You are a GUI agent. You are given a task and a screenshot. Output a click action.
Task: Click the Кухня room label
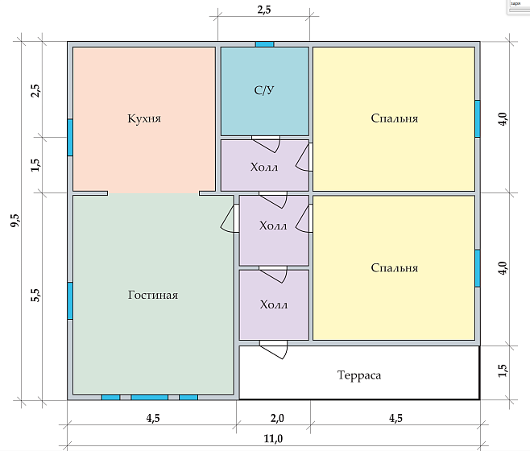tap(144, 118)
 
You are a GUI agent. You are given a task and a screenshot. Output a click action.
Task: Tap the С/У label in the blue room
tap(264, 91)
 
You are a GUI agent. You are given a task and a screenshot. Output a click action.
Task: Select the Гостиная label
tap(152, 295)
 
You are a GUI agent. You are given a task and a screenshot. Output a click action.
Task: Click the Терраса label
tap(358, 375)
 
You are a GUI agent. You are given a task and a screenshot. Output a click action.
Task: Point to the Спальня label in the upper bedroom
tap(394, 118)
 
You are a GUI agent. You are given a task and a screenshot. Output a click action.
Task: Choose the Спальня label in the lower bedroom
tap(394, 267)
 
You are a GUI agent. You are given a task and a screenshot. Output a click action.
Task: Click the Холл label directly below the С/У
tap(264, 168)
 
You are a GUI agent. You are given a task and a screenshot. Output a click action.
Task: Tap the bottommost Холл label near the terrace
tap(273, 305)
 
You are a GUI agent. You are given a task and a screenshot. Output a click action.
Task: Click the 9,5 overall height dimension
tap(14, 222)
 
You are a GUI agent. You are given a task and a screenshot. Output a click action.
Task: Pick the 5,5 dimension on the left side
tap(35, 296)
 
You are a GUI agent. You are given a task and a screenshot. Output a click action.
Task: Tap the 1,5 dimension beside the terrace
tap(502, 370)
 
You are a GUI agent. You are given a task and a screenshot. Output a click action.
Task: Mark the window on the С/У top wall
tap(264, 43)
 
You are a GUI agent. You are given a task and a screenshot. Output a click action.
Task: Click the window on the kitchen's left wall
tap(70, 137)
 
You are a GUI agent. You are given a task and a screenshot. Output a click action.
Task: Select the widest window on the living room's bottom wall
tap(149, 397)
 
